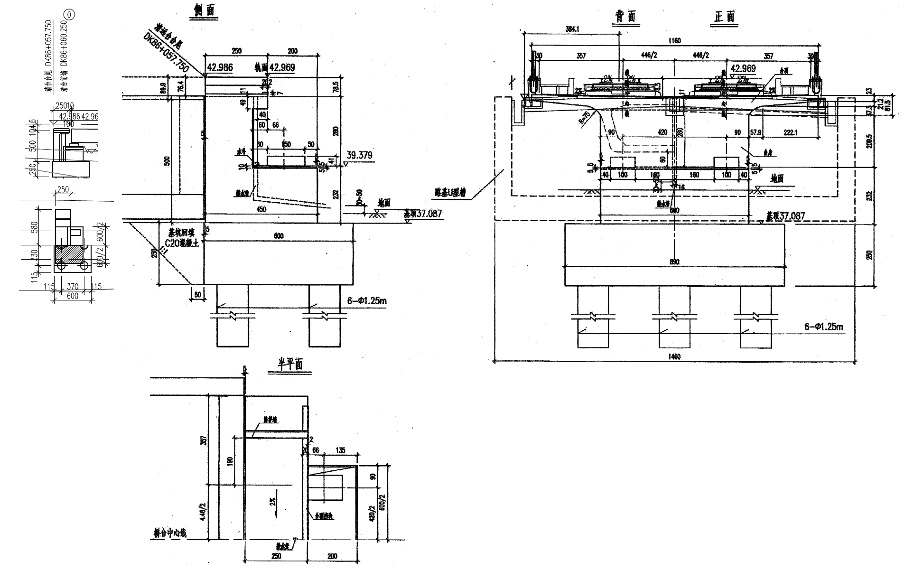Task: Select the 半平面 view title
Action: point(290,365)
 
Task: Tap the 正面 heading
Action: point(725,17)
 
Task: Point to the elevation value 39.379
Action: point(359,155)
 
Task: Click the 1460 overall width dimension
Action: point(674,356)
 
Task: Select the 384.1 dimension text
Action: point(573,29)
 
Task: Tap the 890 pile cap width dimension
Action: point(674,262)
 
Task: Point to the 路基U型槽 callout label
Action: point(450,193)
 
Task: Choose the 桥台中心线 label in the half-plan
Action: point(167,533)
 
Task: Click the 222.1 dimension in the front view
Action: point(791,133)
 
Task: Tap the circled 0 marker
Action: point(70,15)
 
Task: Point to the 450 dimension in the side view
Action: point(261,209)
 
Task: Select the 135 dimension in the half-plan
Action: point(340,450)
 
